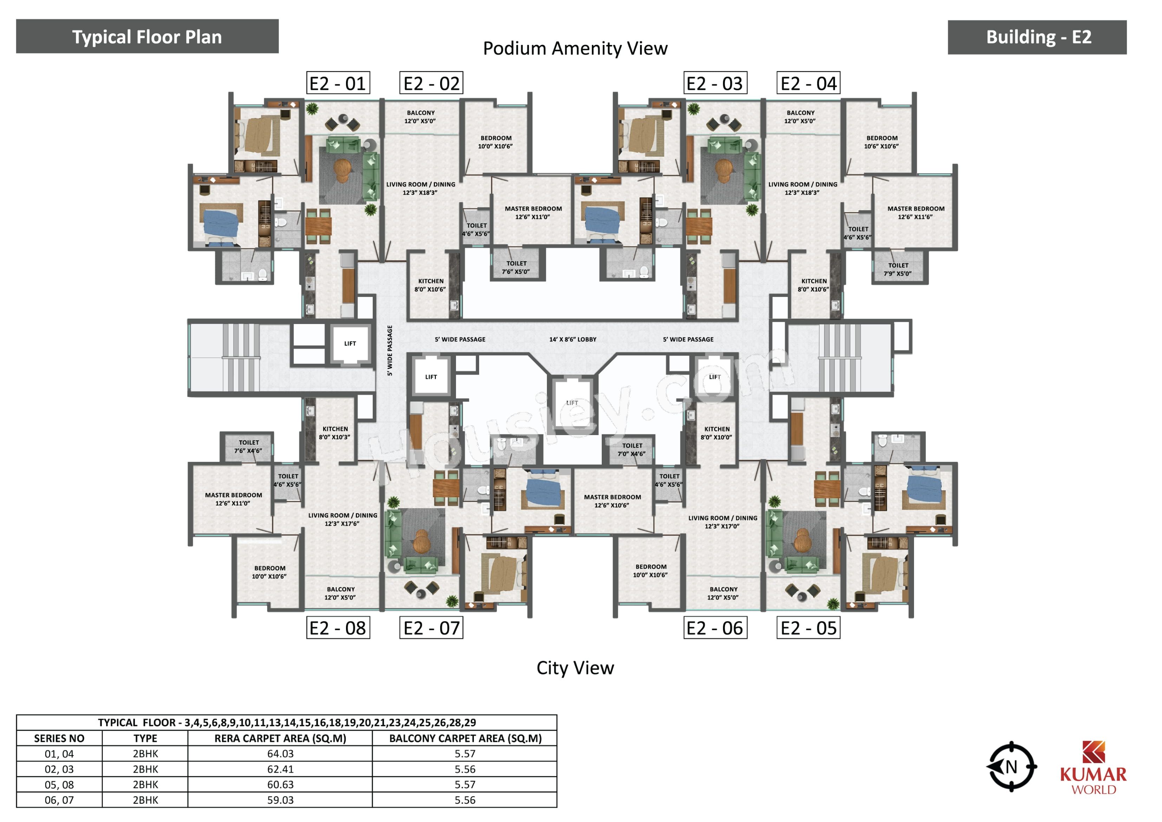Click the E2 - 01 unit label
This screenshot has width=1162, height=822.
338,83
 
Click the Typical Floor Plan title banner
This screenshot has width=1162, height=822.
147,37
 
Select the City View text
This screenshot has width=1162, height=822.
575,668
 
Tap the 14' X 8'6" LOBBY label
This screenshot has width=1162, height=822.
573,339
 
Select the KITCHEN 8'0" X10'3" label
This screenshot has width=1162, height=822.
335,433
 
